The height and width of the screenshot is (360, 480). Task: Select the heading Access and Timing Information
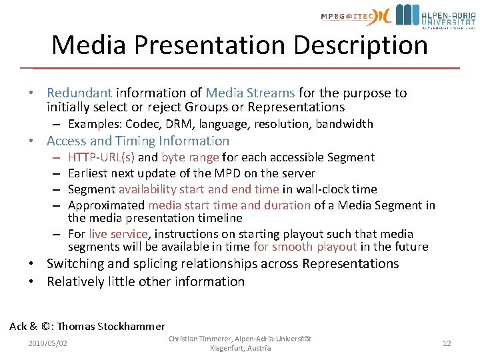[138, 141]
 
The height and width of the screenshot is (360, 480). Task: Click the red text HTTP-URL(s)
[101, 157]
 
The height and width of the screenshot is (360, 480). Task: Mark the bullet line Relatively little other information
[145, 281]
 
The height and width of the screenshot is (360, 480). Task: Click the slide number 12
[447, 343]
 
